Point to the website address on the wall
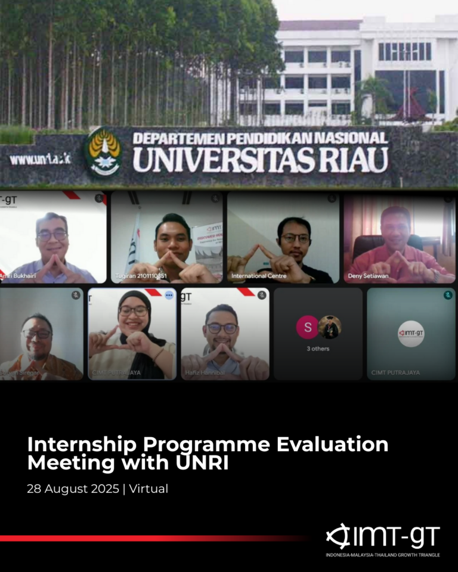click(40, 159)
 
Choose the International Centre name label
click(259, 276)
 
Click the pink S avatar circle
click(307, 327)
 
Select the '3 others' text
click(318, 349)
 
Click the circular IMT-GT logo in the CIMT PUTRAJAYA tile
click(411, 333)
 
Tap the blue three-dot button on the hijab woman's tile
click(169, 295)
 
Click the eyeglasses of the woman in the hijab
click(133, 311)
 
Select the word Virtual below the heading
click(149, 489)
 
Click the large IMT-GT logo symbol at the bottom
click(338, 536)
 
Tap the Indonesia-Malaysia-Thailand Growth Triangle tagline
click(382, 555)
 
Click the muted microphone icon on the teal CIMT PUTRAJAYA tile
click(447, 295)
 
